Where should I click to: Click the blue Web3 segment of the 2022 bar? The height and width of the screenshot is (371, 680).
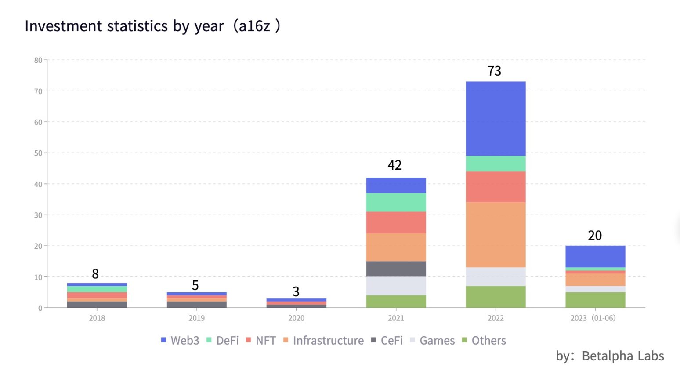[x=496, y=119]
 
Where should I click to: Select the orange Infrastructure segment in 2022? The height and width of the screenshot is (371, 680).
[x=496, y=235]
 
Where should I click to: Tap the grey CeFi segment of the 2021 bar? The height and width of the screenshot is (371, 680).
[x=396, y=269]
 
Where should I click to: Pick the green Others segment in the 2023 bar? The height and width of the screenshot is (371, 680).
[x=595, y=300]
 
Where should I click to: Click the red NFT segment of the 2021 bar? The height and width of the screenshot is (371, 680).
[x=396, y=222]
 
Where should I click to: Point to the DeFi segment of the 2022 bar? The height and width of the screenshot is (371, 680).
[x=496, y=164]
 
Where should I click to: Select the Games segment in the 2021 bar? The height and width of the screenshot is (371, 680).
[x=396, y=286]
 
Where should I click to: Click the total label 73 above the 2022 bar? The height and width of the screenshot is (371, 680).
[x=494, y=71]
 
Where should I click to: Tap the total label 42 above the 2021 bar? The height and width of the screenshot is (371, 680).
[x=394, y=165]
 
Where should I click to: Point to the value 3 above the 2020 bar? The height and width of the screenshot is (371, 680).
[x=296, y=291]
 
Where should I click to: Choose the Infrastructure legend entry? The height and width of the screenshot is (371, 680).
[x=323, y=341]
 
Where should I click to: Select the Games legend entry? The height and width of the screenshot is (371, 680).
[x=432, y=341]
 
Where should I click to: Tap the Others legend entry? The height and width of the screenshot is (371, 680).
[x=484, y=341]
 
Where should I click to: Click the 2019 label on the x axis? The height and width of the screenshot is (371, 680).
[x=196, y=318]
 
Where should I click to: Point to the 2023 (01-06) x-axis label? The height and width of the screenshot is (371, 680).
[x=593, y=318]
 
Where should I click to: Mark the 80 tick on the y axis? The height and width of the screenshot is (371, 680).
[x=38, y=60]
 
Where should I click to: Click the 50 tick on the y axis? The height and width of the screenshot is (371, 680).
[x=38, y=153]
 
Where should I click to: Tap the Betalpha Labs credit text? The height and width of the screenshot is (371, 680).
[x=622, y=356]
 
